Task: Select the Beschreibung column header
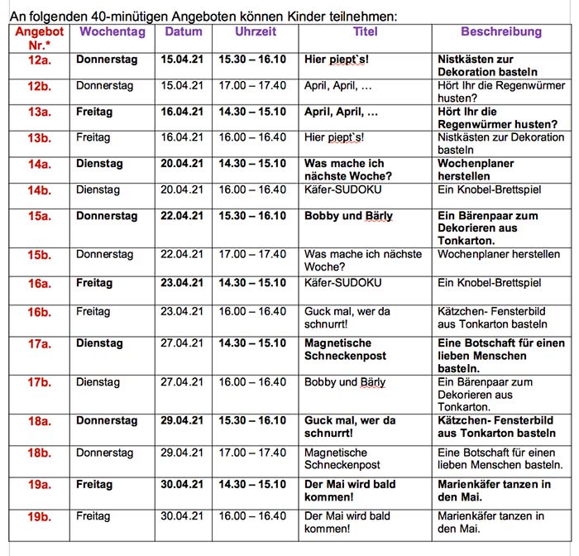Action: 501,32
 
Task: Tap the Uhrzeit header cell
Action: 256,32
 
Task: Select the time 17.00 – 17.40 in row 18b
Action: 252,453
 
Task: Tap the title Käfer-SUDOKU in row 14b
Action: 342,190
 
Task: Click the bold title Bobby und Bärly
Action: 348,217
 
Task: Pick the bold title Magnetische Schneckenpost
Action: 338,349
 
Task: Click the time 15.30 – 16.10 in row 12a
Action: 252,60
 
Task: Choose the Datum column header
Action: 184,32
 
